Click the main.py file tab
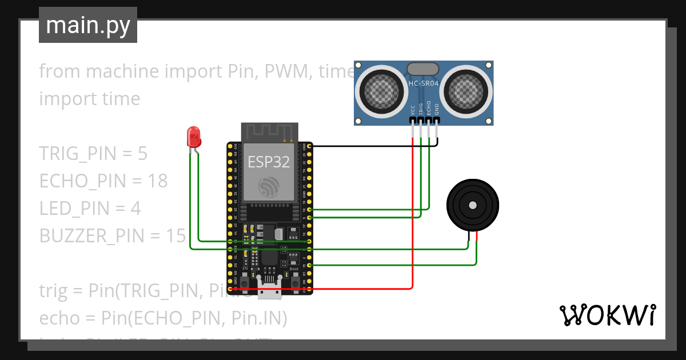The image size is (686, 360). point(87,26)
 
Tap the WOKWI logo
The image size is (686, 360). point(607,315)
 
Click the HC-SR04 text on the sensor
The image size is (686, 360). point(423,83)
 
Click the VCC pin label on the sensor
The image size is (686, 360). point(413,110)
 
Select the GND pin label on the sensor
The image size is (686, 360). point(437,110)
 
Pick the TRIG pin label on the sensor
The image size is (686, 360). point(421,109)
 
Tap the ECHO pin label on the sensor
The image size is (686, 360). point(429,109)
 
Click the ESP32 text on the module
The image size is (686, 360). point(269,162)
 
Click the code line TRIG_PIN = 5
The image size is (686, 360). point(93,154)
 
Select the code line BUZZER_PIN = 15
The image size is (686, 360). point(112,235)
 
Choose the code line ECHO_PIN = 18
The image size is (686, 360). point(103,181)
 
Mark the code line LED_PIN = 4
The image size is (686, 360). point(90,208)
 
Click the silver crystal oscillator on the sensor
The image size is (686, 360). point(423,69)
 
